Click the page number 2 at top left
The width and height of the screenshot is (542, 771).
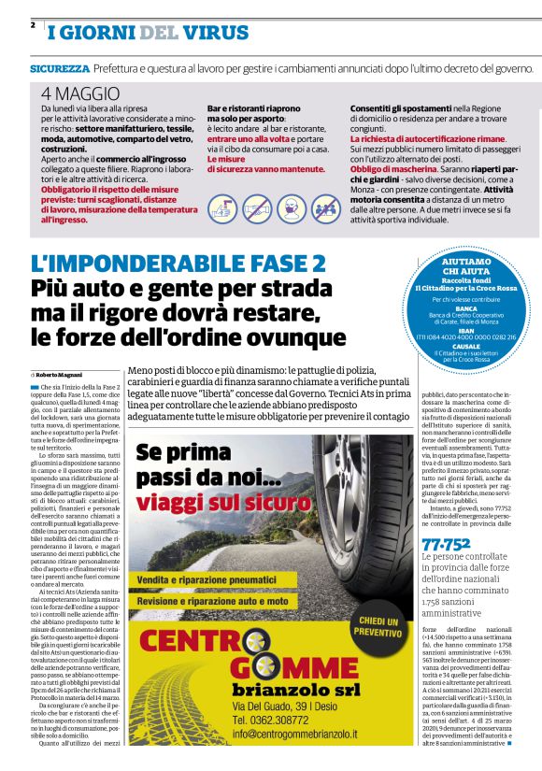[x=33, y=24]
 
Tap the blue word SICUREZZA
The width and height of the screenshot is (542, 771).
[x=60, y=69]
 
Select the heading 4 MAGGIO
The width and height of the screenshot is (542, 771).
[x=80, y=93]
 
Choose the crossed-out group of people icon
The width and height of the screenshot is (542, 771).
[x=326, y=207]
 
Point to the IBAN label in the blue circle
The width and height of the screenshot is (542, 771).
[x=467, y=330]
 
